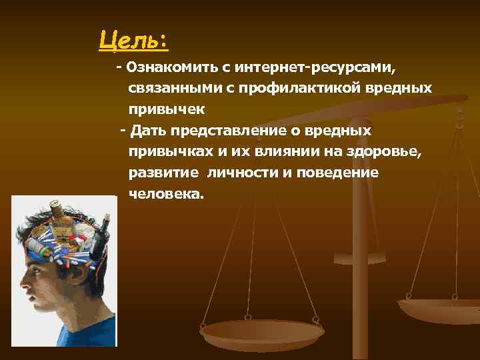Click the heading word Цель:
pyautogui.click(x=133, y=40)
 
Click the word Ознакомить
pyautogui.click(x=167, y=67)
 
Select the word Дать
pyautogui.click(x=145, y=130)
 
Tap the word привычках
pyautogui.click(x=171, y=151)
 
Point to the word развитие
pyautogui.click(x=163, y=173)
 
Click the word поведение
pyautogui.click(x=341, y=173)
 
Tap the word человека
pyautogui.click(x=167, y=194)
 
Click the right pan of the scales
pyautogui.click(x=440, y=310)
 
